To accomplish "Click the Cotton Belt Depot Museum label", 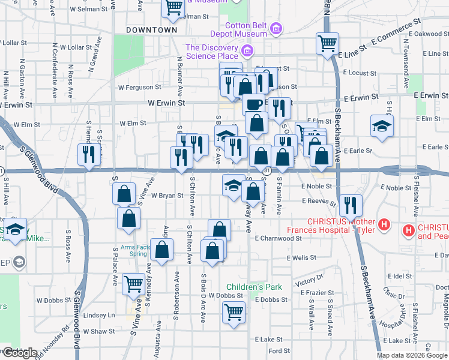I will [x=246, y=30].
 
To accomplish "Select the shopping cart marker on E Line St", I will [x=328, y=43].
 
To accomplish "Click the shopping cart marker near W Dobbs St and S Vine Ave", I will [x=133, y=284].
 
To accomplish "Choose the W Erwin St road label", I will [x=166, y=103].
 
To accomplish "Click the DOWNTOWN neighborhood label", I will [x=152, y=29].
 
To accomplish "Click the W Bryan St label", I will [x=166, y=196].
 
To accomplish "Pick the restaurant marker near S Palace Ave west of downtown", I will [x=88, y=155].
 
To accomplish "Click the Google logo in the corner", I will [x=19, y=353].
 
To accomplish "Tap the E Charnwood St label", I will [x=277, y=238].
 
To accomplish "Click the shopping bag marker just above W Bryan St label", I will [x=124, y=194].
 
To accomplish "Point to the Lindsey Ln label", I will [x=98, y=315].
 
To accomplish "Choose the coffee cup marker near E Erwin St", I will [x=253, y=104].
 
